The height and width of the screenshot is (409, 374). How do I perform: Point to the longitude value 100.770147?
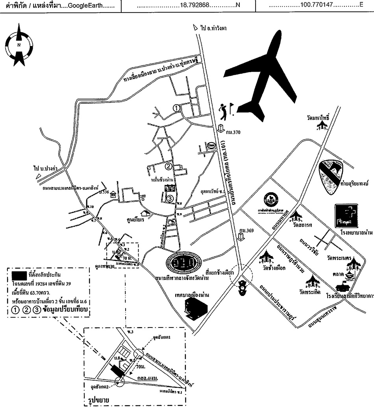pos(321,6)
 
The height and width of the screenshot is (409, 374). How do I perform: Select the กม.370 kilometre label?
pos(229,132)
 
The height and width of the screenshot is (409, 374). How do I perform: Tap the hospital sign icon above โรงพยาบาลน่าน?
pos(346,216)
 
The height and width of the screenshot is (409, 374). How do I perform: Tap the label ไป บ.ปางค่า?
pos(48,168)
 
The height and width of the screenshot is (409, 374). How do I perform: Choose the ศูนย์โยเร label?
pos(134,220)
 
